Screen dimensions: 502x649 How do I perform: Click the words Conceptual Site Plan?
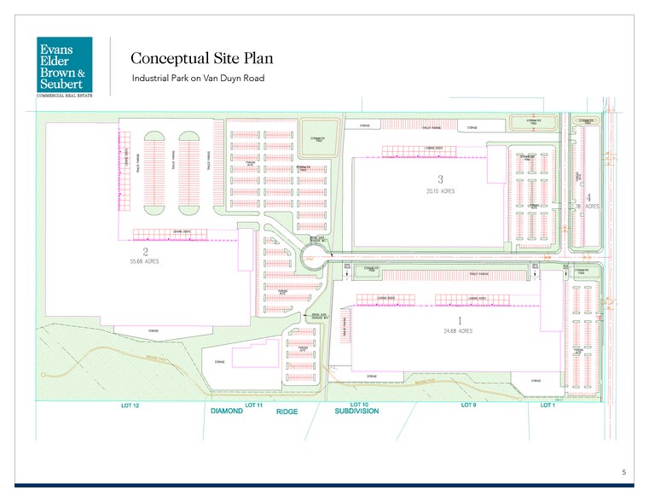click(195, 58)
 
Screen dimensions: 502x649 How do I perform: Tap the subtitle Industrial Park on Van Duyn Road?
click(198, 79)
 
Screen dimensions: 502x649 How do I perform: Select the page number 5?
click(623, 472)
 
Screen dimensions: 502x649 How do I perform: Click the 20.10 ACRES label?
click(440, 191)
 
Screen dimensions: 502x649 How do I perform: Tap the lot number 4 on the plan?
click(588, 196)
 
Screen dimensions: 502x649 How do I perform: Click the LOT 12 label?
click(130, 405)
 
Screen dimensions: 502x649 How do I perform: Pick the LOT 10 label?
click(359, 405)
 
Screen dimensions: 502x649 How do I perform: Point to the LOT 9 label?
click(468, 405)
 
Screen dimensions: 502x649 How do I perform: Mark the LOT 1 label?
click(548, 405)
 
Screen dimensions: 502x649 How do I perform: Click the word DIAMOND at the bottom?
click(227, 412)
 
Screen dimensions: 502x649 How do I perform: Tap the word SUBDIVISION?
click(356, 412)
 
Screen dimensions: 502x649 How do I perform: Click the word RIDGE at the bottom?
click(286, 412)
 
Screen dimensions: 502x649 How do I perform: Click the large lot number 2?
click(146, 252)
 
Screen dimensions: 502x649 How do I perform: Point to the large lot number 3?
click(440, 179)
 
